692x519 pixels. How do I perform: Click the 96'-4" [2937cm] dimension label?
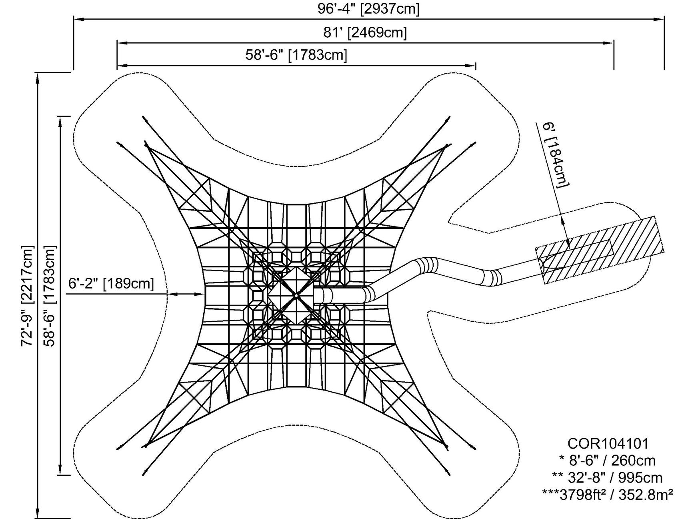point(368,9)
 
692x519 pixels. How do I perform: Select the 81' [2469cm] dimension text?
point(365,32)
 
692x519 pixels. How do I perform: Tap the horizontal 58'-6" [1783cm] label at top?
point(296,55)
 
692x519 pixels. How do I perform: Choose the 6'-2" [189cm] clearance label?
point(111,283)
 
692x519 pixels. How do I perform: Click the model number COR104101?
point(608,443)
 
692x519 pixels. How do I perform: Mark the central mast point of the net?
point(296,295)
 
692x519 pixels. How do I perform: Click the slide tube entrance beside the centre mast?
point(320,296)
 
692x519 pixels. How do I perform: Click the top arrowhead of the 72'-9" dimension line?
point(38,76)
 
